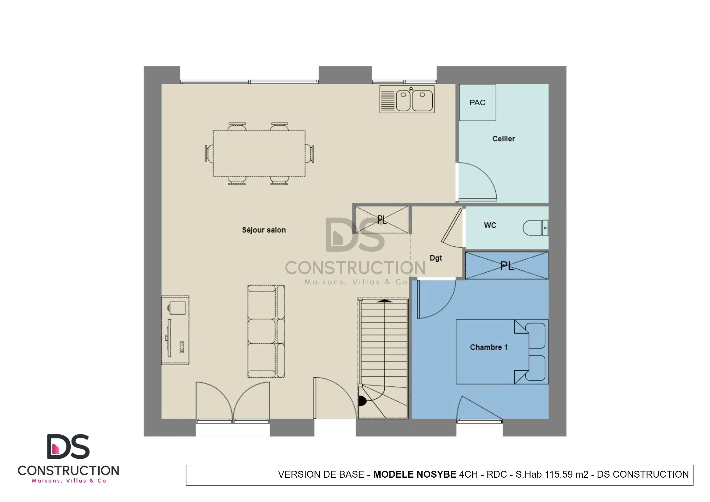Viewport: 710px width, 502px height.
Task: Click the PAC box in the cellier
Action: click(x=477, y=102)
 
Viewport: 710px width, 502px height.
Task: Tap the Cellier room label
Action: click(x=503, y=139)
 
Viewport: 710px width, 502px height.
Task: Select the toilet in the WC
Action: click(x=535, y=228)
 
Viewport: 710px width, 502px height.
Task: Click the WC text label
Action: click(x=490, y=226)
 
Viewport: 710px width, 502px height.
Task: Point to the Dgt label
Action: click(x=436, y=258)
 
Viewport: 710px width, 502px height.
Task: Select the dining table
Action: click(x=259, y=154)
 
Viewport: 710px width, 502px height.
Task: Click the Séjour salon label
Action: click(x=264, y=230)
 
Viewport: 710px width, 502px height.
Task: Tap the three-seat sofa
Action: click(x=266, y=331)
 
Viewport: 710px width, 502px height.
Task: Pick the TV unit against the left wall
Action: click(x=175, y=330)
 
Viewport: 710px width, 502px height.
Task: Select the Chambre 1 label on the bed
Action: click(x=489, y=347)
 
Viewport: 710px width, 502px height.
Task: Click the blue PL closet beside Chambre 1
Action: click(x=507, y=266)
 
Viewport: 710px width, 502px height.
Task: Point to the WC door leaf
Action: click(x=452, y=226)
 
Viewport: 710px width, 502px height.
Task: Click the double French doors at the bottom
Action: click(x=233, y=402)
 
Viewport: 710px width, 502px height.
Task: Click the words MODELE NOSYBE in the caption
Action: click(x=414, y=475)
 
